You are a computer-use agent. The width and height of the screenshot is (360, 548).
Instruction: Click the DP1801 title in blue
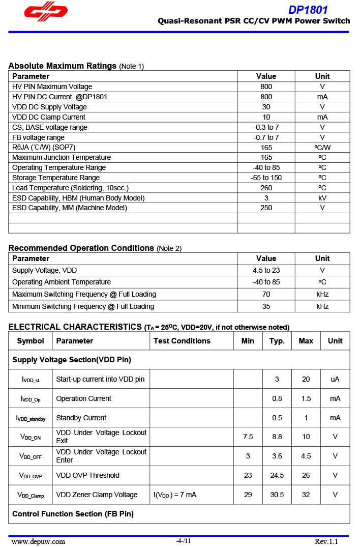coord(308,10)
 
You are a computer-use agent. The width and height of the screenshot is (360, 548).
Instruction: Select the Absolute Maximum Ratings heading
coord(63,66)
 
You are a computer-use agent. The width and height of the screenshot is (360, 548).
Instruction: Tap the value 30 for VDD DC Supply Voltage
coord(266,107)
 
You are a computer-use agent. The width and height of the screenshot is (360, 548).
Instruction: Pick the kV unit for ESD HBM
coord(322,197)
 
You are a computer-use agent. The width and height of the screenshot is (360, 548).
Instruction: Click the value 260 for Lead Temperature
coord(266,188)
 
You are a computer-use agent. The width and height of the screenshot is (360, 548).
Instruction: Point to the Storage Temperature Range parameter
coord(56,178)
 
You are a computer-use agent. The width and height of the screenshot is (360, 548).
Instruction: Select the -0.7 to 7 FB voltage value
coord(266,137)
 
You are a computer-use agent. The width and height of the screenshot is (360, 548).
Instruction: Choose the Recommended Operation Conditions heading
coord(81,248)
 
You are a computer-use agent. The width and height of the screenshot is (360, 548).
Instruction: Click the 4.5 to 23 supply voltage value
coord(266,270)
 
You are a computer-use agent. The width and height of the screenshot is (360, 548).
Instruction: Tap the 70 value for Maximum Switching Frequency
coord(266,294)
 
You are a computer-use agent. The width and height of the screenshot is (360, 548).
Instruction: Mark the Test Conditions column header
coord(182,341)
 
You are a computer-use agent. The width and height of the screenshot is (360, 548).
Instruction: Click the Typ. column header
coord(277,341)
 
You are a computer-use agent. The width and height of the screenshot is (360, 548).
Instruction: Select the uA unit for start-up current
coord(335,379)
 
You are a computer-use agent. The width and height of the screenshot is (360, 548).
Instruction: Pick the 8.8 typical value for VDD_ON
coord(277,437)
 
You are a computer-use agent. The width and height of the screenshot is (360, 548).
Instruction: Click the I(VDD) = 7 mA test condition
coord(175,495)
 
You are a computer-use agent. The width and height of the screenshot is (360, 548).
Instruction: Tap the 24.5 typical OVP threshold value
coord(277,475)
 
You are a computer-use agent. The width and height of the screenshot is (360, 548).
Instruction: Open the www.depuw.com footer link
coord(38,541)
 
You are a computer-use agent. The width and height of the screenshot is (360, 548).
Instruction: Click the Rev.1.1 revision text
coord(326,541)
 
